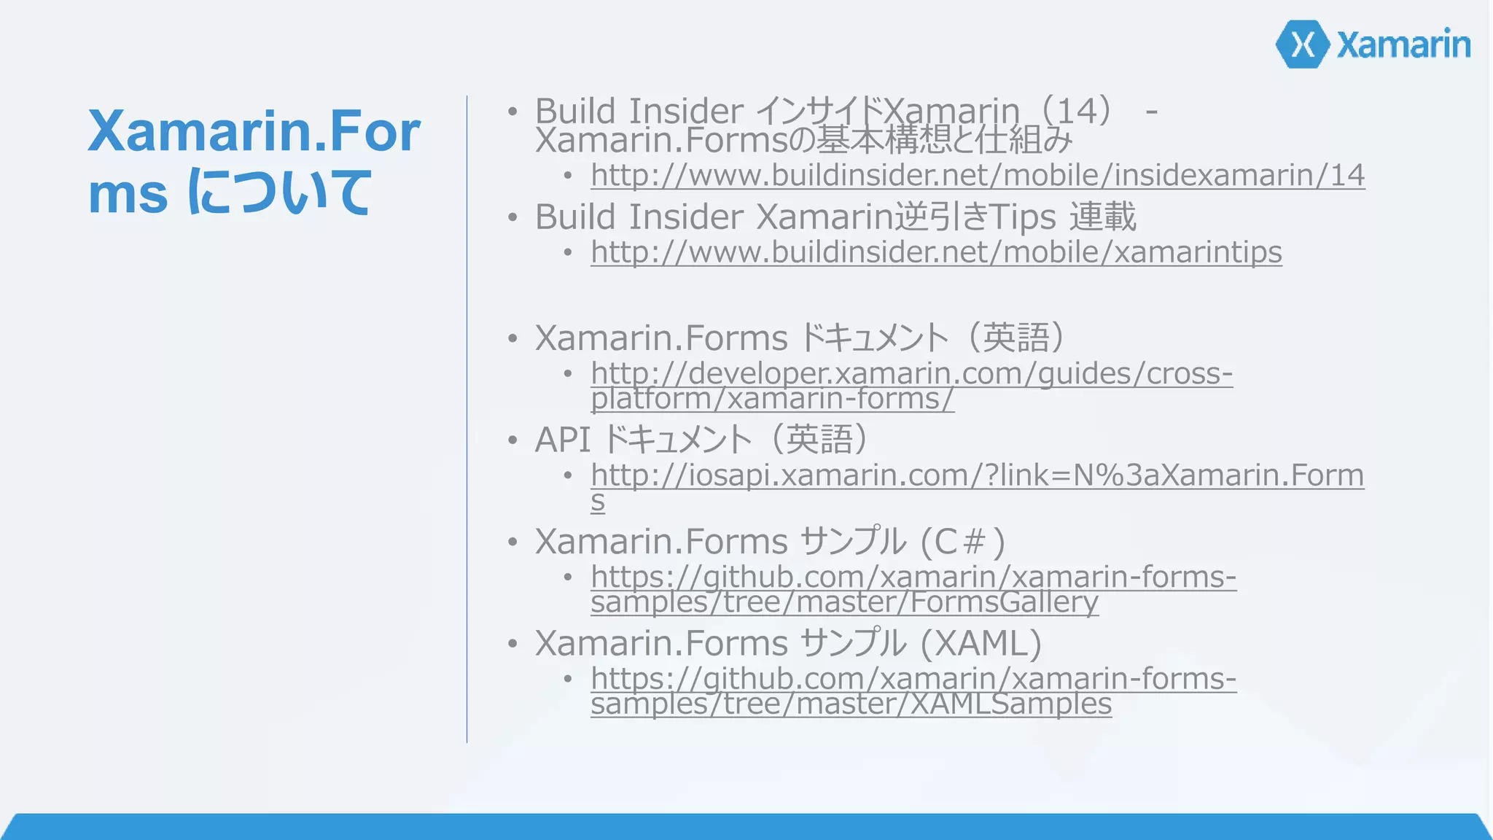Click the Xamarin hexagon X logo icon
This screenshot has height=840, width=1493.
pos(1303,44)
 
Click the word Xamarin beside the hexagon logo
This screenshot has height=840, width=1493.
pos(1403,45)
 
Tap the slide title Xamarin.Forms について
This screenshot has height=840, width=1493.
pos(253,161)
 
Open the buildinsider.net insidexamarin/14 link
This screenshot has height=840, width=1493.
pos(977,175)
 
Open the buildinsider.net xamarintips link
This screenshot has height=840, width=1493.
pos(936,252)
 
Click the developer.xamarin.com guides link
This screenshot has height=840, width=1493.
pos(911,373)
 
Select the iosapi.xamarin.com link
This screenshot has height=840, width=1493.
pos(977,475)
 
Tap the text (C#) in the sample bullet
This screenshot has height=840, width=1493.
pos(962,542)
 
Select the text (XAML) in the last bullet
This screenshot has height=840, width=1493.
pos(981,643)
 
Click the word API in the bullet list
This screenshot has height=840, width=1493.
pos(562,440)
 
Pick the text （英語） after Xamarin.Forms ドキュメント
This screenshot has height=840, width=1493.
pos(1016,338)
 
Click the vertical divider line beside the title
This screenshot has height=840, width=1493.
pos(467,419)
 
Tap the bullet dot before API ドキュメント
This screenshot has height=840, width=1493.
pos(513,441)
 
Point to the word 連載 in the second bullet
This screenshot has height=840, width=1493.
pos(1103,217)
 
